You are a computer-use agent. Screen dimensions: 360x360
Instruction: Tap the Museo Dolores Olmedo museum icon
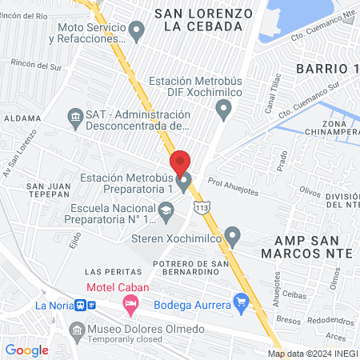coord(77,330)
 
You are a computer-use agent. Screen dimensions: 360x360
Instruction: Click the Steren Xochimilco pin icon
coord(233,236)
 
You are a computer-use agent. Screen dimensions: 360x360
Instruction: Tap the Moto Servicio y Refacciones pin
coord(137,33)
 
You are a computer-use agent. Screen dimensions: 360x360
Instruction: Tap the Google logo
coord(26,350)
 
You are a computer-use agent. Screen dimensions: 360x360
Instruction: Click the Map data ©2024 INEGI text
coord(312,354)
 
